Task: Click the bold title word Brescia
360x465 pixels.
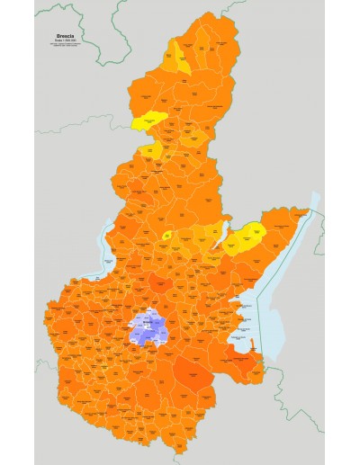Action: (67, 37)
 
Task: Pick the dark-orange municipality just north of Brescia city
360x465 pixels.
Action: (160, 285)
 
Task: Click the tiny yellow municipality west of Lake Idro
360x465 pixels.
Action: (167, 236)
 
